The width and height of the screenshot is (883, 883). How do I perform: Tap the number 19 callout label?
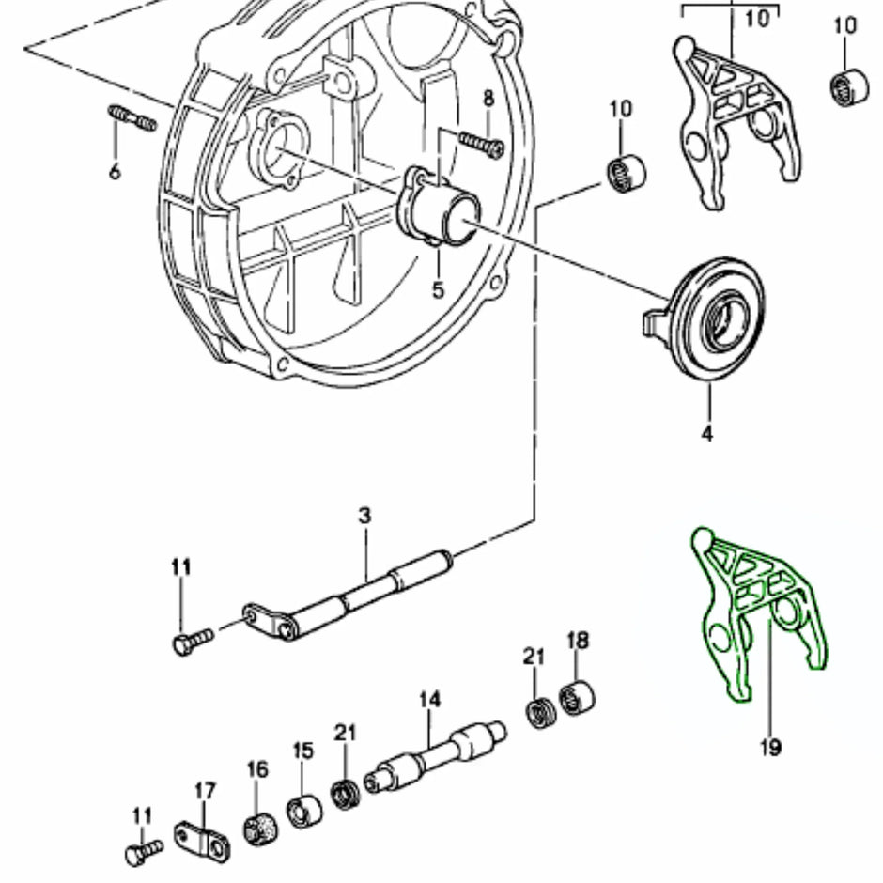(769, 748)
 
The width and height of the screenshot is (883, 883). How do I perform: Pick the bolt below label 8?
(480, 143)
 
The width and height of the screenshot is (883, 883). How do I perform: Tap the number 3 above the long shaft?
(364, 516)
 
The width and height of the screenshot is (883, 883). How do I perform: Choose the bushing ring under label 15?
(302, 811)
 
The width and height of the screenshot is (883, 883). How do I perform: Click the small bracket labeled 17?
(201, 838)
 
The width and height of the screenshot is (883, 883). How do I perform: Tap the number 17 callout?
(205, 790)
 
